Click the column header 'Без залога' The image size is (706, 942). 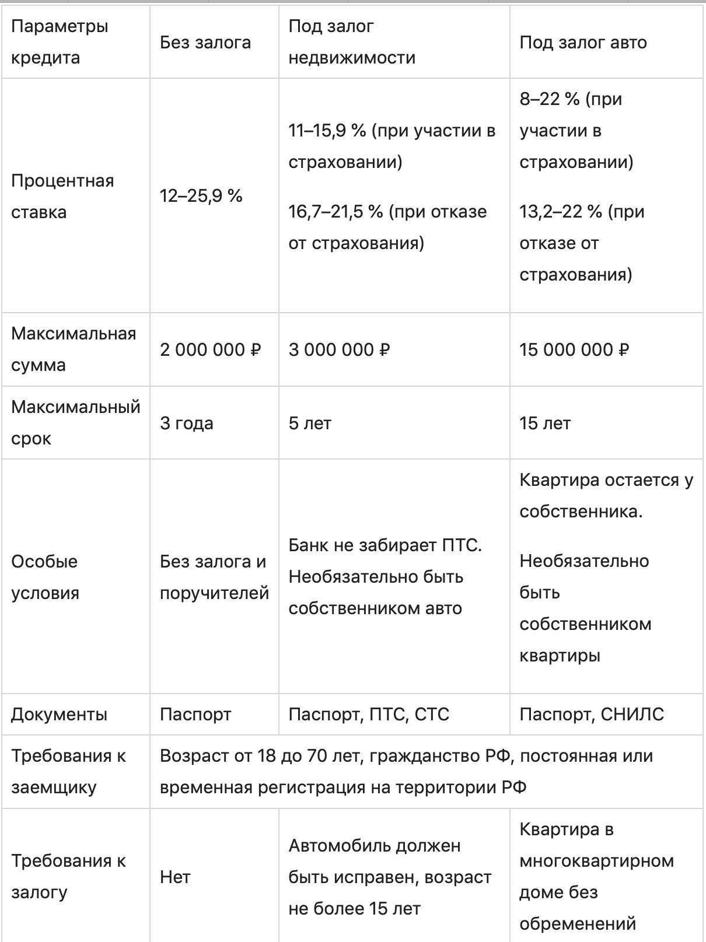[205, 42]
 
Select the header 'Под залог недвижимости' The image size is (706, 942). [352, 42]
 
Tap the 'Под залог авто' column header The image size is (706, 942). [583, 42]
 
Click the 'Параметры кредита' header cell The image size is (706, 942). [60, 42]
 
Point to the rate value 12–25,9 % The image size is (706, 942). [201, 196]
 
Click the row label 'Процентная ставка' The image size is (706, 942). [62, 196]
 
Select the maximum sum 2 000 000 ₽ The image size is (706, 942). [211, 349]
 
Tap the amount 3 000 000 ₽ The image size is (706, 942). [339, 349]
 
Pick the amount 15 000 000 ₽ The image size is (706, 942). [574, 349]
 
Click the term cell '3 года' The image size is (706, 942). [187, 423]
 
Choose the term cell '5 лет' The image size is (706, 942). [310, 423]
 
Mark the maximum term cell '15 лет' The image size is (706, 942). [545, 423]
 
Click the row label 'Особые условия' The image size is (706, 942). [45, 577]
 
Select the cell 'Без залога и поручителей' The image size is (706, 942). [214, 577]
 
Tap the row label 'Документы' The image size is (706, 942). [59, 715]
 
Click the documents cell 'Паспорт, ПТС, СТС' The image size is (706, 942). [369, 715]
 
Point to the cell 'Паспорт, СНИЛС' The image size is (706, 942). [592, 715]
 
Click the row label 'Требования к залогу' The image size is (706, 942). [68, 877]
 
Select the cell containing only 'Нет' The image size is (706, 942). [175, 877]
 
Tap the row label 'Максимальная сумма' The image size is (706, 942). [74, 349]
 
